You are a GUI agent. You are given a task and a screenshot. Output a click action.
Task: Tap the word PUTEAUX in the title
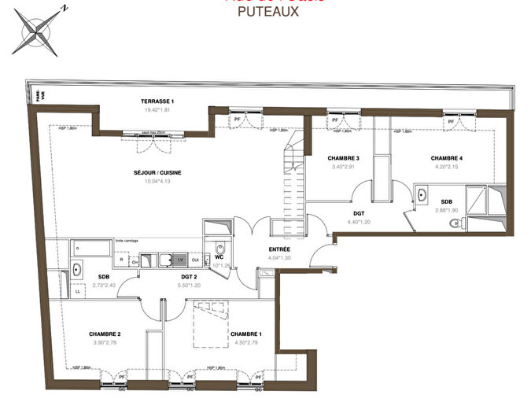[x=267, y=12]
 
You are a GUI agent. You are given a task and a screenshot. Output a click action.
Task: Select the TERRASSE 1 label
[x=157, y=101]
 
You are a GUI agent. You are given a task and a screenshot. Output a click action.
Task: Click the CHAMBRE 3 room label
[x=344, y=158]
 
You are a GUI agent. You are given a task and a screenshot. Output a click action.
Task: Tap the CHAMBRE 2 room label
[x=104, y=334]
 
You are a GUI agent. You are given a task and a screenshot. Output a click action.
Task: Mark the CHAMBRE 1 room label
[x=246, y=334]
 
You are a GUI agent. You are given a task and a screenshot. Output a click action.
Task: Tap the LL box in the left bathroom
[x=77, y=291]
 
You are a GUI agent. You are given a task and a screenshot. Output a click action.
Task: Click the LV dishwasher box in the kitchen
[x=180, y=260]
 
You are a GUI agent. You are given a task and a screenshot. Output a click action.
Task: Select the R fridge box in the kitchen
[x=121, y=260]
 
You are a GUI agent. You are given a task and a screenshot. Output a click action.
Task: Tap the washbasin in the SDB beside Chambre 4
[x=422, y=194]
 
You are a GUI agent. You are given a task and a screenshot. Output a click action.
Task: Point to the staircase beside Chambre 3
[x=293, y=177]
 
